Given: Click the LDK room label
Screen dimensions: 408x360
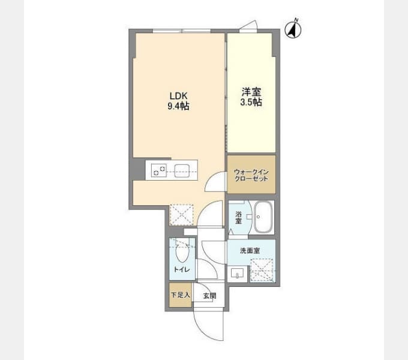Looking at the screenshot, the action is [x=179, y=96].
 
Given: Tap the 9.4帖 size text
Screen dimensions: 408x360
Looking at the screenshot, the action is [x=178, y=106].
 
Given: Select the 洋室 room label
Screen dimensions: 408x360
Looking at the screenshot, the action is [x=251, y=92].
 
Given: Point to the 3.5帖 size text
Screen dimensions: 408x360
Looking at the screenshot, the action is [x=251, y=102].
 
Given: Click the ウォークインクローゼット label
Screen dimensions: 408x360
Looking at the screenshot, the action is [x=251, y=175].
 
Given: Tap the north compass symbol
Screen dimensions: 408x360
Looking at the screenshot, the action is [x=293, y=29].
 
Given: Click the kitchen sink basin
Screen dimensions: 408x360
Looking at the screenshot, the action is [x=182, y=171].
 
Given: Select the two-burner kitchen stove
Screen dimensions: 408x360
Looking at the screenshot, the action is [x=159, y=170].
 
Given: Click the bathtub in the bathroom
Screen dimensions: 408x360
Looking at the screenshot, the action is [x=263, y=217].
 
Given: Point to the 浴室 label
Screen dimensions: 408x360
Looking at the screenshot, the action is [x=238, y=218].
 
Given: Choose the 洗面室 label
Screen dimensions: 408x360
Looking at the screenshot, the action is [x=250, y=250].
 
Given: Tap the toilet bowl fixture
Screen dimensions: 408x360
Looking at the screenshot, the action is [x=182, y=253].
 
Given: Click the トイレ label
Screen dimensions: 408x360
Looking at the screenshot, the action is [x=181, y=270].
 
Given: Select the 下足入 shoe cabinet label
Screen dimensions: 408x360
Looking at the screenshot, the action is [x=181, y=295].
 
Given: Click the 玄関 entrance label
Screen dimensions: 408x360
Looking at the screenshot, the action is [x=209, y=296].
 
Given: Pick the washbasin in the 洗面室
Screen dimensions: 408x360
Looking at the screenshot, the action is [x=237, y=274].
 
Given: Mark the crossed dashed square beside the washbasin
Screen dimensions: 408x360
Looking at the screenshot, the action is [x=262, y=271].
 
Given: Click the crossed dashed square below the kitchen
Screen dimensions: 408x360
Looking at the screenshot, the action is [x=181, y=215].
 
